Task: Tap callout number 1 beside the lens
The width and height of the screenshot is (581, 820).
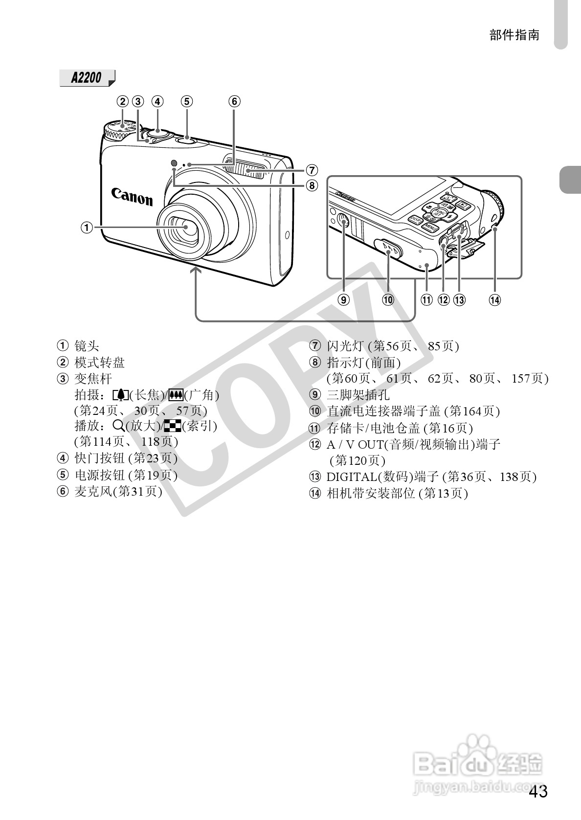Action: coord(86,227)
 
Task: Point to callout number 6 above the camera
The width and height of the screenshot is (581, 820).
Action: coord(234,101)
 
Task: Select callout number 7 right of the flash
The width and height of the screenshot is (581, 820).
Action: coord(311,170)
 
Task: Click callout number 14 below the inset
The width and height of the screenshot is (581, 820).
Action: coord(495,300)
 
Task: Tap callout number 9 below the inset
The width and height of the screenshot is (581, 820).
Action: coord(344,300)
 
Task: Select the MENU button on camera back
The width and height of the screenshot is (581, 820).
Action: coord(430,227)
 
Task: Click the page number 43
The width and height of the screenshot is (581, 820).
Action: coord(538,792)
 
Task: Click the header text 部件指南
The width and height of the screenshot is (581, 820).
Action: coord(514,35)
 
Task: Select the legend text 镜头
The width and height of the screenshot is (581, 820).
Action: coord(87,346)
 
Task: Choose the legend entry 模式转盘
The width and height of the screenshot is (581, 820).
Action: coord(99,363)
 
